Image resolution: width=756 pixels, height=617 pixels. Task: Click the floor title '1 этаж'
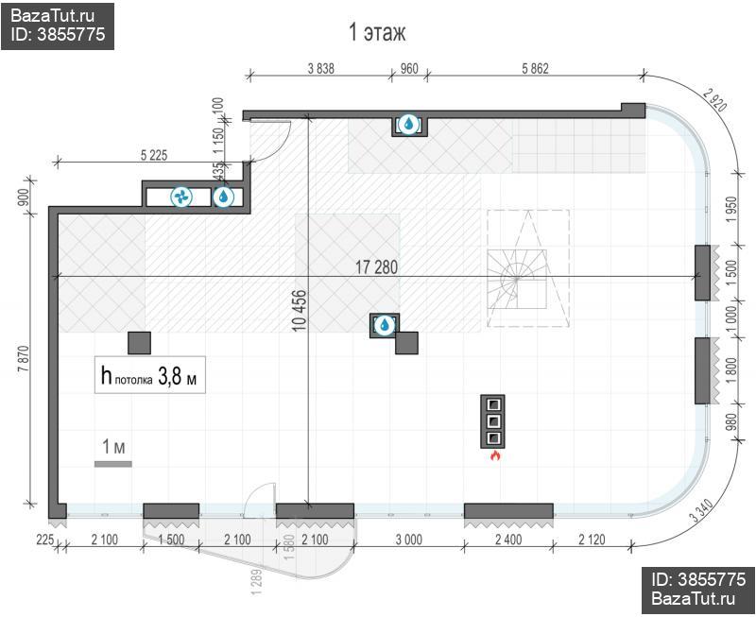tap(377, 32)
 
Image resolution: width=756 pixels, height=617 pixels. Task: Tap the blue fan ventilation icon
tap(181, 197)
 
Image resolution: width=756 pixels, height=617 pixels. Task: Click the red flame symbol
tap(494, 455)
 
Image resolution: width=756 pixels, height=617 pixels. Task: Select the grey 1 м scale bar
tap(112, 464)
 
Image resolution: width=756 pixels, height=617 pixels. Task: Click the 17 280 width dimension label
tap(376, 267)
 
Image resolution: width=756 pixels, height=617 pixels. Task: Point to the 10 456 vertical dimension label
tap(300, 311)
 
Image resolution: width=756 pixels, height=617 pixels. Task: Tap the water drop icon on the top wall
tap(409, 124)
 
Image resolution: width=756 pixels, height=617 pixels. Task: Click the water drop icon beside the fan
tap(223, 197)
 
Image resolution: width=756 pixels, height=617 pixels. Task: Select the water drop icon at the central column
tap(385, 325)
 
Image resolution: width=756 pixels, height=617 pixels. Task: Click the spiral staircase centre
tap(516, 279)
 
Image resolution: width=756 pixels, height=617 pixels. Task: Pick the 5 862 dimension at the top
tap(535, 69)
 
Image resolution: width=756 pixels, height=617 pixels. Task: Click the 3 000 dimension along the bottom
tap(409, 540)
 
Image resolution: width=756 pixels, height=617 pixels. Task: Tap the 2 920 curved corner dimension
tap(714, 100)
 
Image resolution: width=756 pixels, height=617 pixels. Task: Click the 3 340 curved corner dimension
tap(701, 511)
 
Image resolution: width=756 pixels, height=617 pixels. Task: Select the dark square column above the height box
tap(139, 343)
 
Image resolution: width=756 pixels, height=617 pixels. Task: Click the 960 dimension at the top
tap(409, 69)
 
